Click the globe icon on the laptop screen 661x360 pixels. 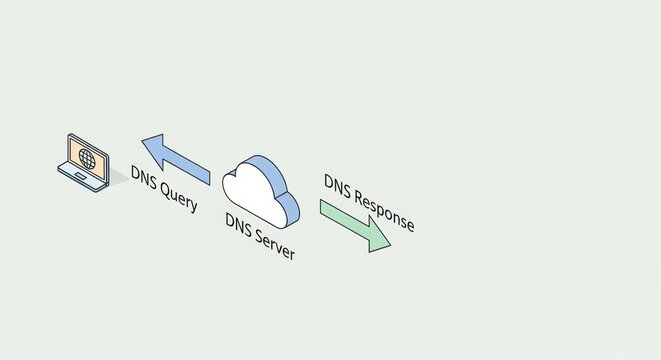(85, 158)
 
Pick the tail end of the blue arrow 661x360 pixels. (207, 173)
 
